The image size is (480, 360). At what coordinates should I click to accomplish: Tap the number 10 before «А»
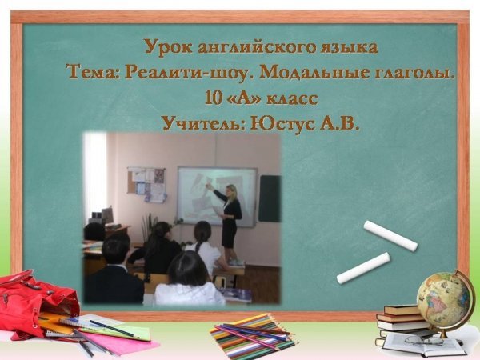pyautogui.click(x=214, y=98)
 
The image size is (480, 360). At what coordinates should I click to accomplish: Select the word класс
pyautogui.click(x=292, y=98)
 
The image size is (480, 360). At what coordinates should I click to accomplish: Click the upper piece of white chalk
pyautogui.click(x=390, y=235)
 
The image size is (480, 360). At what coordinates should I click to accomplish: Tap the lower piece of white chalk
pyautogui.click(x=363, y=268)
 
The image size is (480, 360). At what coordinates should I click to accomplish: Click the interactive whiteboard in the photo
pyautogui.click(x=217, y=196)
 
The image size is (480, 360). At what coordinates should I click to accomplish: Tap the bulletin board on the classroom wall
pyautogui.click(x=146, y=185)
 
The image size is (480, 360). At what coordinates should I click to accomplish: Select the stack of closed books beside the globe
pyautogui.click(x=401, y=320)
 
